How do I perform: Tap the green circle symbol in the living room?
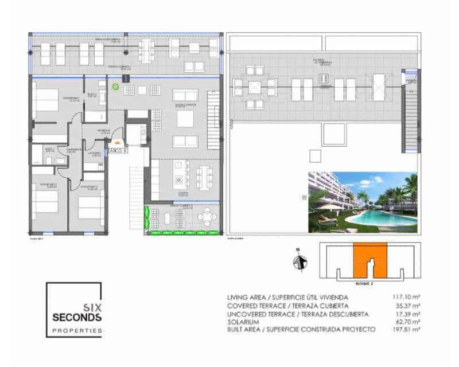pyautogui.click(x=115, y=87)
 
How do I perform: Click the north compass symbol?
pyautogui.click(x=297, y=262)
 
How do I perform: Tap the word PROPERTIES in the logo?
pyautogui.click(x=77, y=330)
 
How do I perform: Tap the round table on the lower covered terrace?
pyautogui.click(x=207, y=217)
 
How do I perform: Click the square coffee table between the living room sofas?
pyautogui.click(x=185, y=118)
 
